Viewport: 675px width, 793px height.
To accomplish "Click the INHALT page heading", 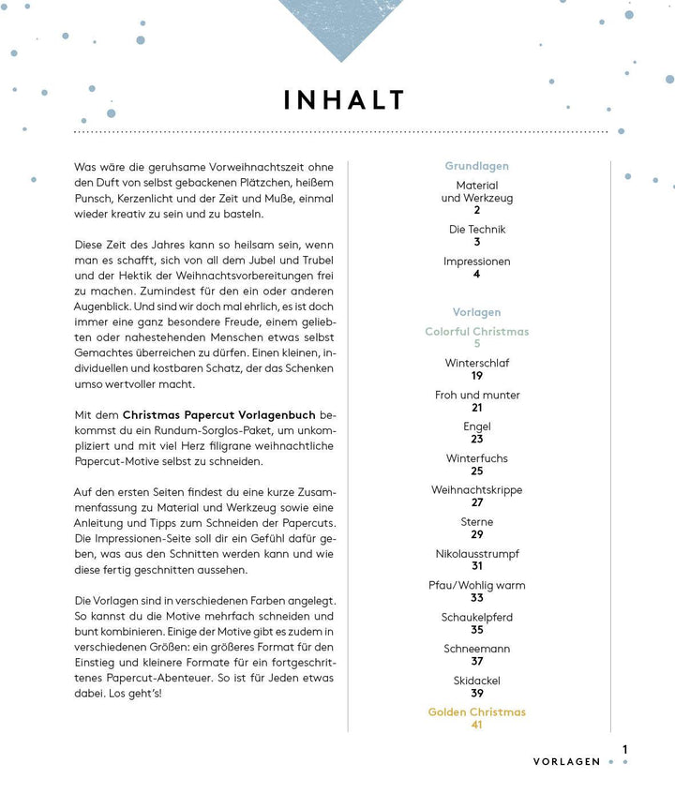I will [x=344, y=100].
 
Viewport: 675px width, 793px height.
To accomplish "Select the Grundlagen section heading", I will [x=476, y=166].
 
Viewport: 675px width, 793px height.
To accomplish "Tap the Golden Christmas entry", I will [x=476, y=712].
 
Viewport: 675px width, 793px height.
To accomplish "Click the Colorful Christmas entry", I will [x=476, y=332].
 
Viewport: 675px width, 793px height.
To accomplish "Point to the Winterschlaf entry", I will [x=476, y=363].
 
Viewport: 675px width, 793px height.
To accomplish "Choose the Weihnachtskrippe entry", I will [x=476, y=490].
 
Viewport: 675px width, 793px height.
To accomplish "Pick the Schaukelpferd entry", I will [x=476, y=618].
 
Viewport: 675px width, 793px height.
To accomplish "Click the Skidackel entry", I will [x=476, y=681].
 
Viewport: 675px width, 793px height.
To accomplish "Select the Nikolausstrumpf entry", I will [x=476, y=554].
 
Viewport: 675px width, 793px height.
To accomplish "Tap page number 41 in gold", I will [x=476, y=726].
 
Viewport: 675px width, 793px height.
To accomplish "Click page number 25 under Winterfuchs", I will [x=476, y=471].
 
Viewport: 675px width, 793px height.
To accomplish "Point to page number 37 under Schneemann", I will [x=476, y=662].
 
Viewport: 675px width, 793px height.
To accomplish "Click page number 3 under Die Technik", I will [x=476, y=242].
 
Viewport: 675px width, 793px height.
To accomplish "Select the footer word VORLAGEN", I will [x=566, y=762].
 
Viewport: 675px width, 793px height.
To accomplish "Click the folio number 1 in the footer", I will [x=624, y=750].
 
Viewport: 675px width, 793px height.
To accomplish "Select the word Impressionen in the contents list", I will [x=476, y=262].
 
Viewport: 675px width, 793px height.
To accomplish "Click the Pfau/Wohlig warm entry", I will [x=476, y=586].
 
